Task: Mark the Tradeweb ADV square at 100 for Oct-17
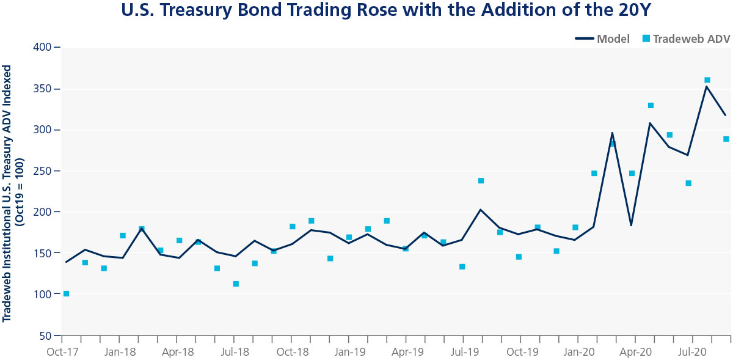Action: point(66,294)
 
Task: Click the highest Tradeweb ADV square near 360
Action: point(707,80)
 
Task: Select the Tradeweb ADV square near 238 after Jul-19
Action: point(481,180)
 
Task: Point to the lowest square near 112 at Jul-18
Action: point(236,284)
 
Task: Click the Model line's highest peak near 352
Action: point(707,86)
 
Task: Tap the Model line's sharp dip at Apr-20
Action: point(631,226)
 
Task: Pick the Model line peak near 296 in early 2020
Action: point(612,133)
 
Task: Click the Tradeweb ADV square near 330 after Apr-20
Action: point(651,105)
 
